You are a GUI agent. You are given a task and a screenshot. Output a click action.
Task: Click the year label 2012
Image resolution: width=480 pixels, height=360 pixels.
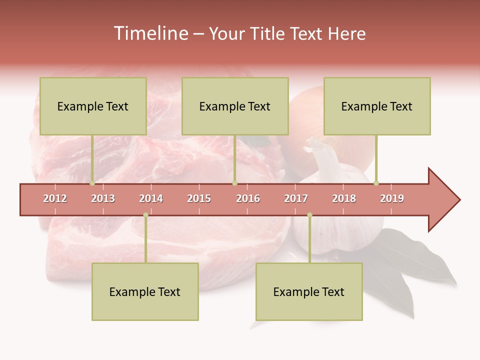pyautogui.click(x=55, y=198)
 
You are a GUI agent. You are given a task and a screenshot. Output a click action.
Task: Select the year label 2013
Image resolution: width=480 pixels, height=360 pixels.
pyautogui.click(x=103, y=198)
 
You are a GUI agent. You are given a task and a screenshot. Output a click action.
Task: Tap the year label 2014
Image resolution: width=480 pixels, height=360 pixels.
pyautogui.click(x=151, y=198)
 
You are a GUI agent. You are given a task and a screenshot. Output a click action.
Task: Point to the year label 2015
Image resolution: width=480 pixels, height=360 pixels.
pyautogui.click(x=199, y=198)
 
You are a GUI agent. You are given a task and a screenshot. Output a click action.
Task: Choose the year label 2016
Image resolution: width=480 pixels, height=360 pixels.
pyautogui.click(x=248, y=198)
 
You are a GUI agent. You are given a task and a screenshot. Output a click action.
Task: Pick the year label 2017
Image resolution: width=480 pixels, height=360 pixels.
pyautogui.click(x=296, y=198)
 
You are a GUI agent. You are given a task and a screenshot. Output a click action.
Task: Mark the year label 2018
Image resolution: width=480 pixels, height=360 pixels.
pyautogui.click(x=344, y=198)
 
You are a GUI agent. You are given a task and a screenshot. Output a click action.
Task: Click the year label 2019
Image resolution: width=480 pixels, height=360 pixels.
pyautogui.click(x=392, y=198)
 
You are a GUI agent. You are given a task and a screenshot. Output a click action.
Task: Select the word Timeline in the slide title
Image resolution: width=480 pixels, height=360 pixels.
pyautogui.click(x=150, y=33)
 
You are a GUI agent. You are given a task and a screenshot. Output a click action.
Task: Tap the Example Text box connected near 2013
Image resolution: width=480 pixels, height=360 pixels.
pyautogui.click(x=93, y=106)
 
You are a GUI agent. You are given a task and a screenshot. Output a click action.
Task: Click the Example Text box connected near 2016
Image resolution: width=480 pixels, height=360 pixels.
pyautogui.click(x=235, y=106)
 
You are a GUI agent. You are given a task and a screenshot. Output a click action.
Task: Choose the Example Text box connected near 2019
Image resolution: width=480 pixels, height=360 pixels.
pyautogui.click(x=377, y=106)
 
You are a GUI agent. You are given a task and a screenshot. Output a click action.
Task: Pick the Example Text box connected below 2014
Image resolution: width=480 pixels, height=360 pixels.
pyautogui.click(x=145, y=291)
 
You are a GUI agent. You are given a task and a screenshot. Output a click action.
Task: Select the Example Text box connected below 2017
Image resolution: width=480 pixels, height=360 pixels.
pyautogui.click(x=309, y=291)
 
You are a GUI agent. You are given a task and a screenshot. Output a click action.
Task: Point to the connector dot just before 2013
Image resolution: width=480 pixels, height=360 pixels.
pyautogui.click(x=92, y=183)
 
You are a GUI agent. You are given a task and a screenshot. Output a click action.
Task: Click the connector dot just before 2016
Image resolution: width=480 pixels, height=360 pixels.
pyautogui.click(x=234, y=183)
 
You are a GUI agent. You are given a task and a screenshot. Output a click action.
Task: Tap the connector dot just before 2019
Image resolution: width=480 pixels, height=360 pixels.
pyautogui.click(x=376, y=183)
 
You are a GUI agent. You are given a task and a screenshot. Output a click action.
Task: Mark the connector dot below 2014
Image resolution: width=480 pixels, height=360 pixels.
pyautogui.click(x=145, y=215)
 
